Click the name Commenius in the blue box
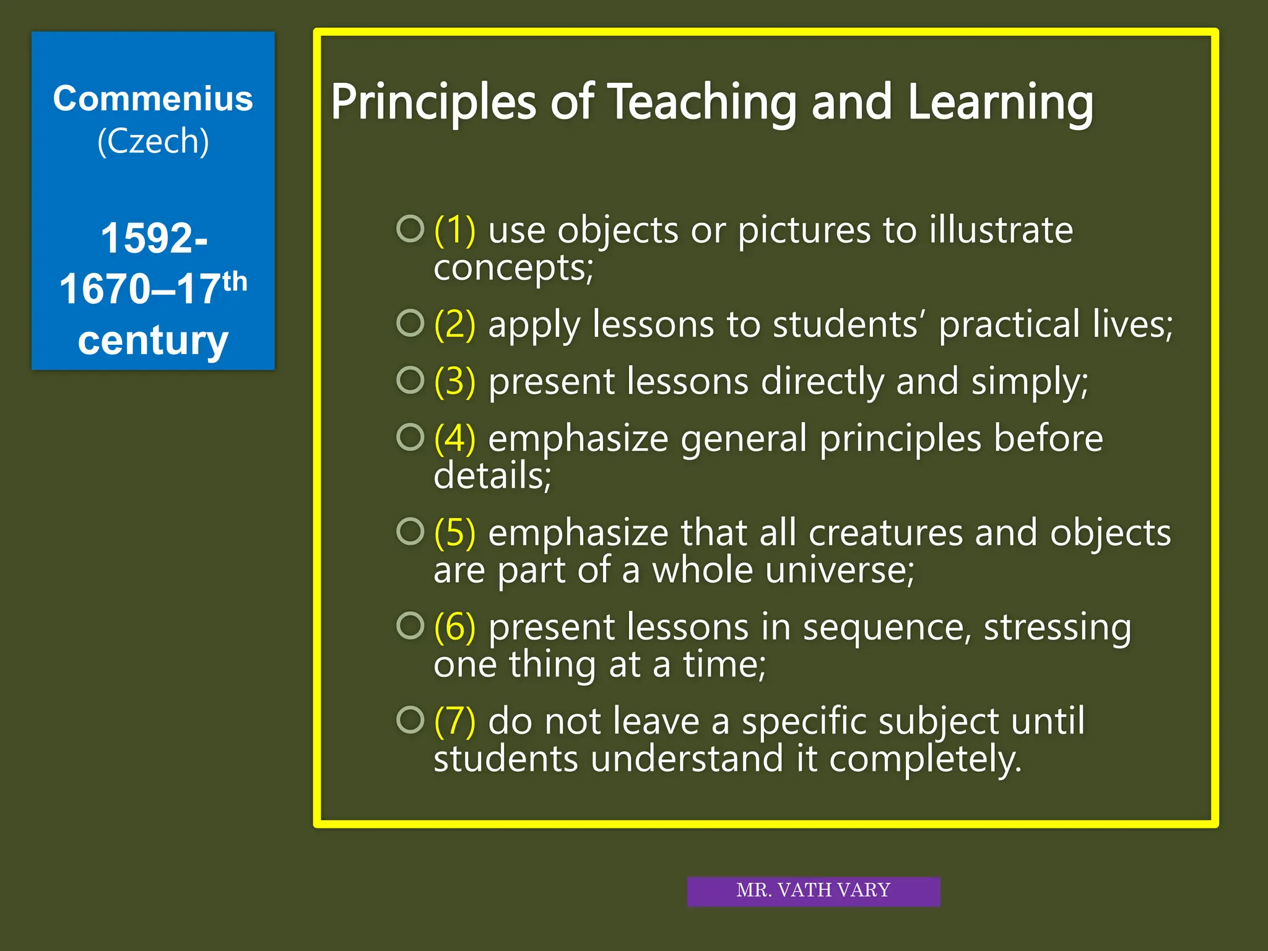coord(153,99)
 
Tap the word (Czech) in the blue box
coord(153,142)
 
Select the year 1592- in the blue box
coord(154,238)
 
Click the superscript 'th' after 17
coord(235,282)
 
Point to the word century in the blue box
coord(153,341)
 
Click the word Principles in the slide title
coord(433,102)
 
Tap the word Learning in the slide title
coord(1001,102)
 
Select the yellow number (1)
coord(455,230)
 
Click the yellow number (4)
coord(455,438)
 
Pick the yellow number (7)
coord(455,721)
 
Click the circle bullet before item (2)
coord(410,323)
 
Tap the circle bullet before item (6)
coord(410,625)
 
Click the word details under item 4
coord(492,475)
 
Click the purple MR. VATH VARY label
coord(813,890)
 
